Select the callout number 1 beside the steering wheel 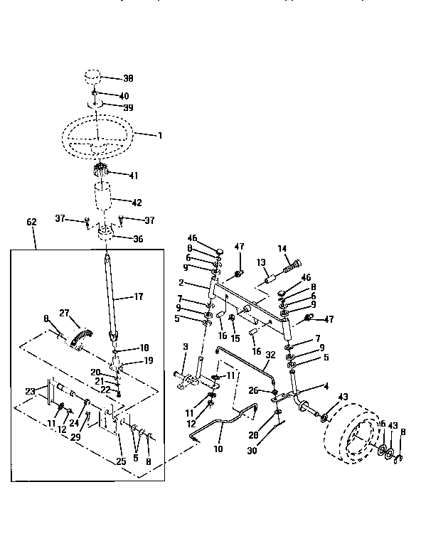pyautogui.click(x=159, y=134)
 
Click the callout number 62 pyautogui.click(x=31, y=222)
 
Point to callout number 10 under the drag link pyautogui.click(x=218, y=449)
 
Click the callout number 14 pyautogui.click(x=282, y=248)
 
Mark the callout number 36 pyautogui.click(x=137, y=239)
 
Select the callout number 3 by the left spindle pyautogui.click(x=185, y=346)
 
